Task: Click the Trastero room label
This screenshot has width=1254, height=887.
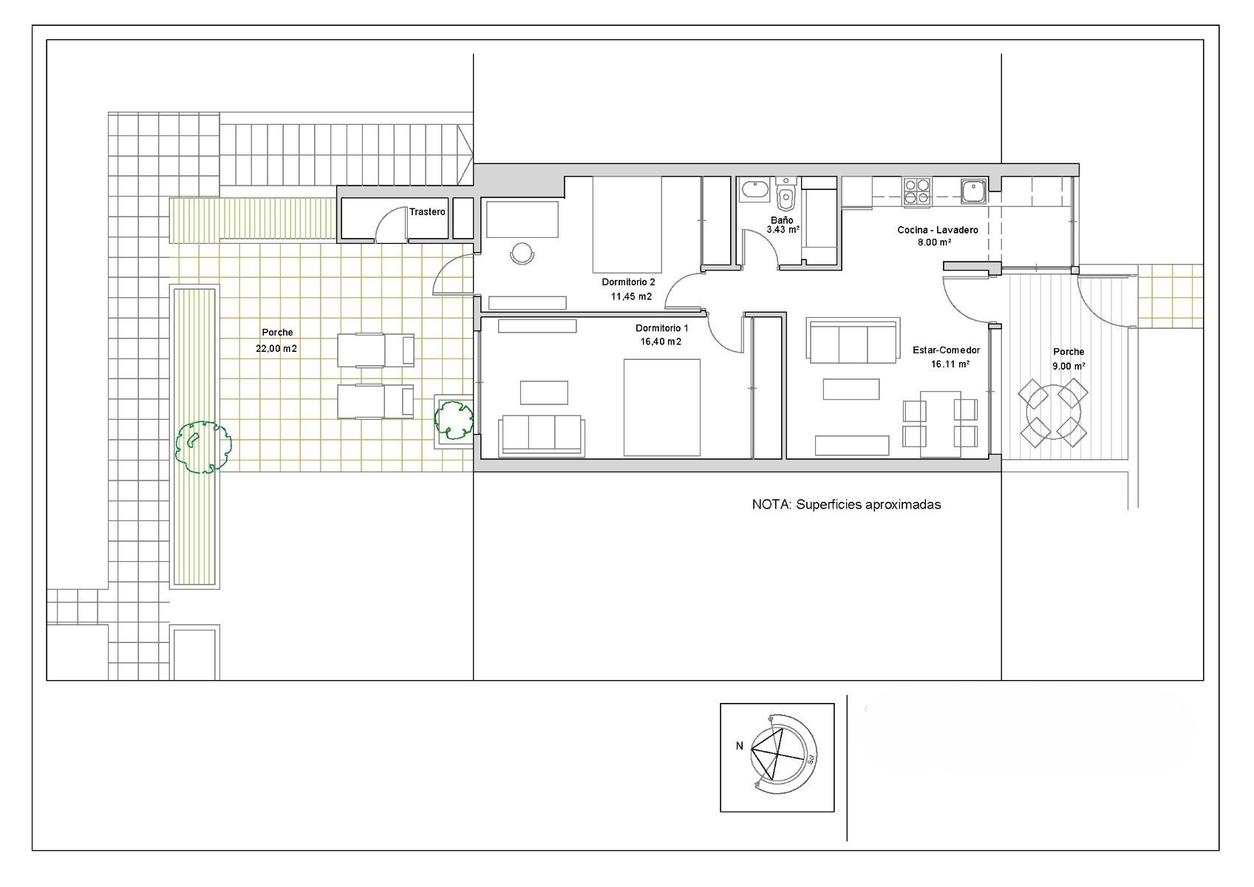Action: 427,211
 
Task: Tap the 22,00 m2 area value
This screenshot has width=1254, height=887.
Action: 276,348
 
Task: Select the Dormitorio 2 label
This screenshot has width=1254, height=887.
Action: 628,282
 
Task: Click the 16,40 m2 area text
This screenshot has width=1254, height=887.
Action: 661,341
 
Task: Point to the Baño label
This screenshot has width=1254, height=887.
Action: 782,220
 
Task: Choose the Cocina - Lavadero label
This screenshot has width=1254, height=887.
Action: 938,230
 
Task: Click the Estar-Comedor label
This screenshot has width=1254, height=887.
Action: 946,350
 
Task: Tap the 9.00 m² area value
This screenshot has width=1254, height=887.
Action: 1069,366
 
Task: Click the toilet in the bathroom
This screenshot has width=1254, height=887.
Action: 786,194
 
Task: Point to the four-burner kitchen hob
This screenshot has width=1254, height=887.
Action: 916,191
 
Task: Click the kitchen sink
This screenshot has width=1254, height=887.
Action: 974,191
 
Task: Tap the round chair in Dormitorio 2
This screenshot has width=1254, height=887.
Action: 522,253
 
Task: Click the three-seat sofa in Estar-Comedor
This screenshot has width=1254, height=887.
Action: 853,341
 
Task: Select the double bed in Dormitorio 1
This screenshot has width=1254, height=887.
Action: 661,407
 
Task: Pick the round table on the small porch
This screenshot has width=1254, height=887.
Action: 1053,412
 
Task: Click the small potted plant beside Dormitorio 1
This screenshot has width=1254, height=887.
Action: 454,420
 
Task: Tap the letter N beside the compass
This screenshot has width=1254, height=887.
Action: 740,746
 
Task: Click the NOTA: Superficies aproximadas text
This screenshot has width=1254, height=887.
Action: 846,505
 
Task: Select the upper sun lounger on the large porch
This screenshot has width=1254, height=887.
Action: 375,350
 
